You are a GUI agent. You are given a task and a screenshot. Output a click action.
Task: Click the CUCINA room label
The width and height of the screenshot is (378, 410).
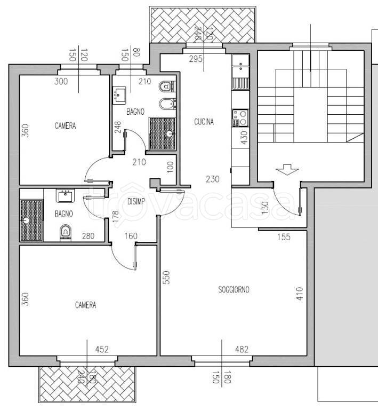204,122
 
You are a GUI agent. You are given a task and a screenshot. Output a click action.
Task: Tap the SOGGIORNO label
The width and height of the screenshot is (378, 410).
234,290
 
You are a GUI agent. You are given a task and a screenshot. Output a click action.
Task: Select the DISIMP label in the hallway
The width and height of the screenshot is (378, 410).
136,202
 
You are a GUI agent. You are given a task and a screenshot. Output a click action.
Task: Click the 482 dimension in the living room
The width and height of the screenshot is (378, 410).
242,349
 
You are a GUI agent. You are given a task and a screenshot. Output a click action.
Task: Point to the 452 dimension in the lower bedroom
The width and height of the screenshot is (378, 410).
102,349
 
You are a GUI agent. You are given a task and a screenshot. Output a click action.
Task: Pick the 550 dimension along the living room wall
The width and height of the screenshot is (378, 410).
166,278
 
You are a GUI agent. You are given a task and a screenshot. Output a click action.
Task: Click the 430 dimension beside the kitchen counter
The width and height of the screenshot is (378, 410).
244,138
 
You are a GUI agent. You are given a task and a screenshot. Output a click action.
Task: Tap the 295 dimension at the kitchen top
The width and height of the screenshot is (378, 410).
196,59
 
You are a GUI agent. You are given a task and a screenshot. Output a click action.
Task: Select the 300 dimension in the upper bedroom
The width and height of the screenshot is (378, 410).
61,82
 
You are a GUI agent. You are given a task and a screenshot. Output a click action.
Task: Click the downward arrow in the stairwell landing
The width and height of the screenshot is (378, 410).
287,170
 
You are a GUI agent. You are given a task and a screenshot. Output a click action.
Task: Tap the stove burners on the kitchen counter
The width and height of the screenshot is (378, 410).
240,118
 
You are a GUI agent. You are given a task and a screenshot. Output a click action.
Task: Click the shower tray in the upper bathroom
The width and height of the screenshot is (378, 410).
162,133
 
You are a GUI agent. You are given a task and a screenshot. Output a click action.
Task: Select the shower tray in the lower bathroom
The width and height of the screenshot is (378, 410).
31,220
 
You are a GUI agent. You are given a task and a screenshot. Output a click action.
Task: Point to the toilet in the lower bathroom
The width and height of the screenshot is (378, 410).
66,232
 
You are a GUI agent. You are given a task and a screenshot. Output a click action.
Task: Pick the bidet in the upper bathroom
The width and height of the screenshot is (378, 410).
167,103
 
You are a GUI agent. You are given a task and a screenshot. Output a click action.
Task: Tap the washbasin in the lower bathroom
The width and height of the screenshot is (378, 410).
65,196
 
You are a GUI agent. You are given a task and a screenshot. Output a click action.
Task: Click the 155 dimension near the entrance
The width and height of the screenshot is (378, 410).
284,237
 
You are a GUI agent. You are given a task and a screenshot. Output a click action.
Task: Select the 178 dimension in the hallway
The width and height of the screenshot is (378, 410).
115,217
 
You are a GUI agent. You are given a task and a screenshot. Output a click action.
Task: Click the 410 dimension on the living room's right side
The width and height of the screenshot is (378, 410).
300,294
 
